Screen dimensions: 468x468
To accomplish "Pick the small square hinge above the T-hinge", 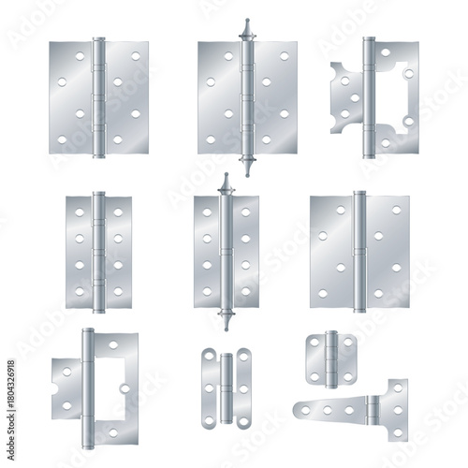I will click(331, 358).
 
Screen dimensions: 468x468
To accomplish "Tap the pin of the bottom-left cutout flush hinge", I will click(87, 384).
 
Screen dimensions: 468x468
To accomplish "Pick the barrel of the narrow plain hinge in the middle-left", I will click(98, 251).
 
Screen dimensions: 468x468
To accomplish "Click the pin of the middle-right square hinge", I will click(358, 250).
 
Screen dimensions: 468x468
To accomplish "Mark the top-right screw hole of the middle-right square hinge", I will click(397, 209).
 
